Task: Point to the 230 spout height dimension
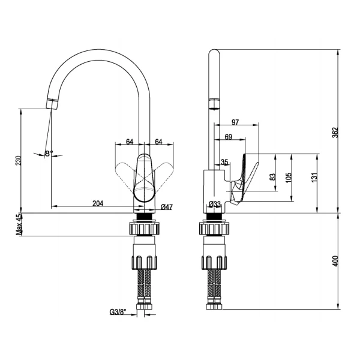pos(18,160)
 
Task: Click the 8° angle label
pos(49,154)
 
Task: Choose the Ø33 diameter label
pos(215,205)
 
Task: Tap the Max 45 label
pos(19,224)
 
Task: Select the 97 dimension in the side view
pos(235,122)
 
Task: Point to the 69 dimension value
pos(229,137)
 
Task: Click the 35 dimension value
pos(224,161)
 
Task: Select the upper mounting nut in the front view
pos(144,229)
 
